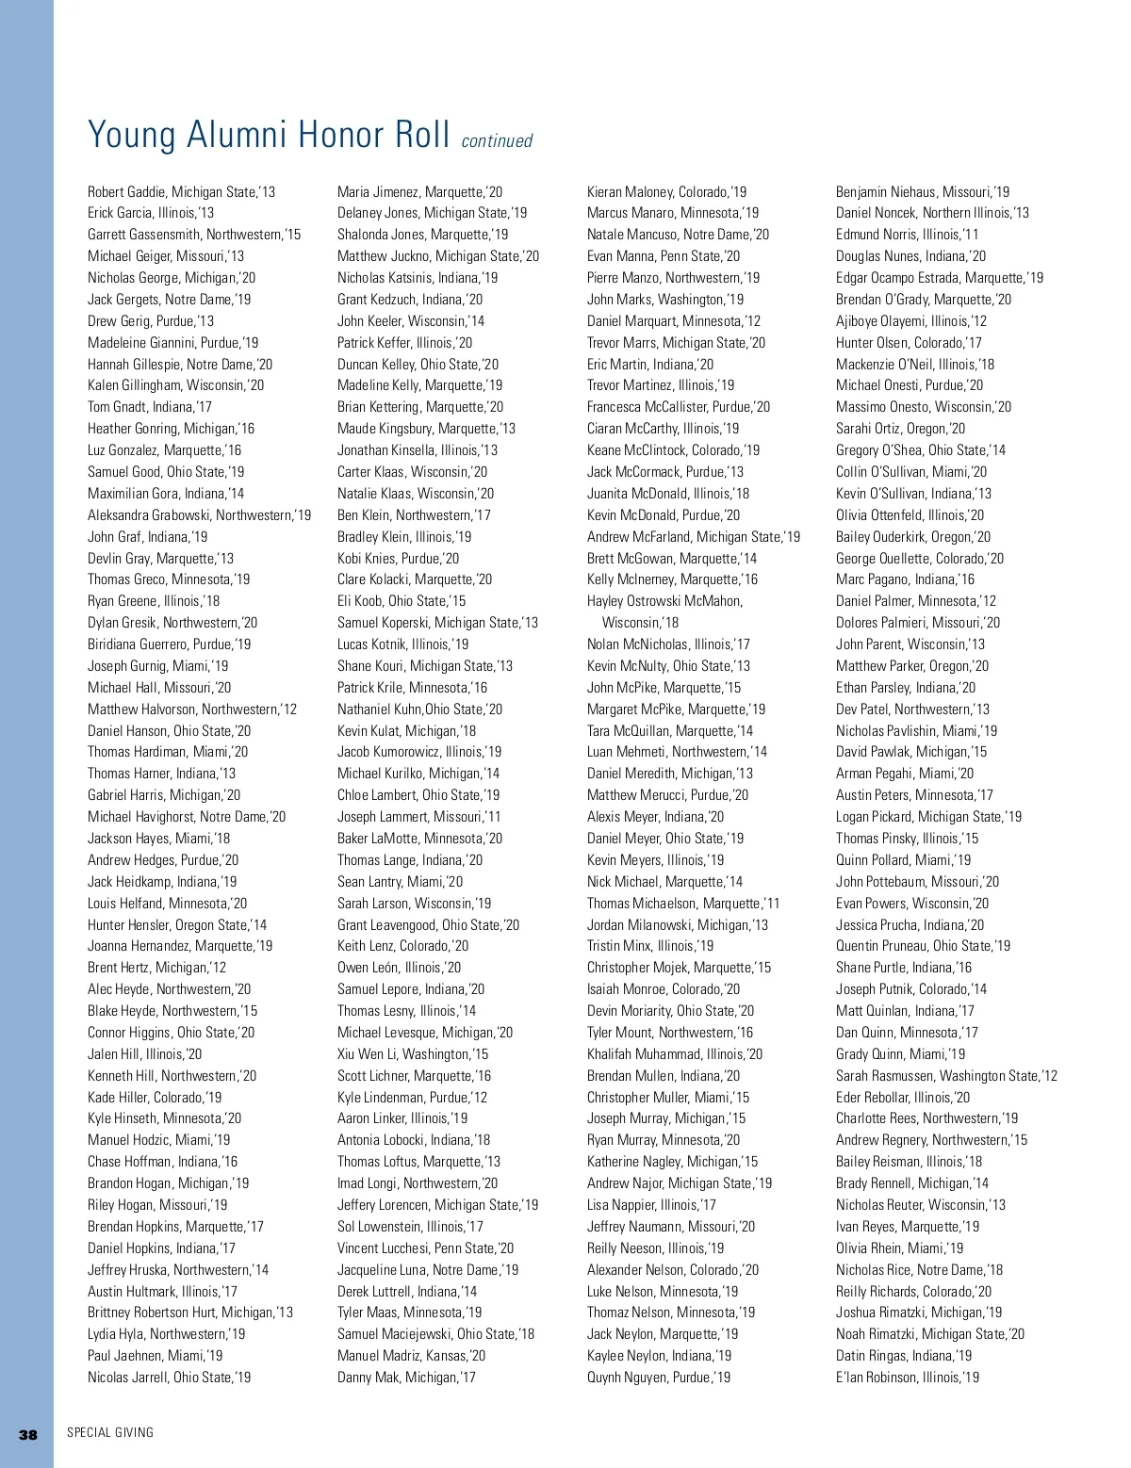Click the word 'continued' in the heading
[x=497, y=141]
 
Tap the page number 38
[x=28, y=1434]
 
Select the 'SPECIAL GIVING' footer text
[x=110, y=1433]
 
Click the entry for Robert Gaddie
[x=181, y=192]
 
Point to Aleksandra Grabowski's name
[x=199, y=515]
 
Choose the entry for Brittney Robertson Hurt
[x=189, y=1313]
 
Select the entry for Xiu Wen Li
[x=413, y=1054]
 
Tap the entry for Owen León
[x=399, y=968]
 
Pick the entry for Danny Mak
[x=406, y=1378]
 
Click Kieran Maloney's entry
[x=666, y=192]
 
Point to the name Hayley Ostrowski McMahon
[x=664, y=601]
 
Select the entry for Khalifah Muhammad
[x=674, y=1054]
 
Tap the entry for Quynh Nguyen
[x=658, y=1378]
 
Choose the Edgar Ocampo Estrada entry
[x=939, y=278]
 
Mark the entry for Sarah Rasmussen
[x=946, y=1076]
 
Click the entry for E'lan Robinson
[x=907, y=1378]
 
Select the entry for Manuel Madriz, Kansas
[x=411, y=1356]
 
